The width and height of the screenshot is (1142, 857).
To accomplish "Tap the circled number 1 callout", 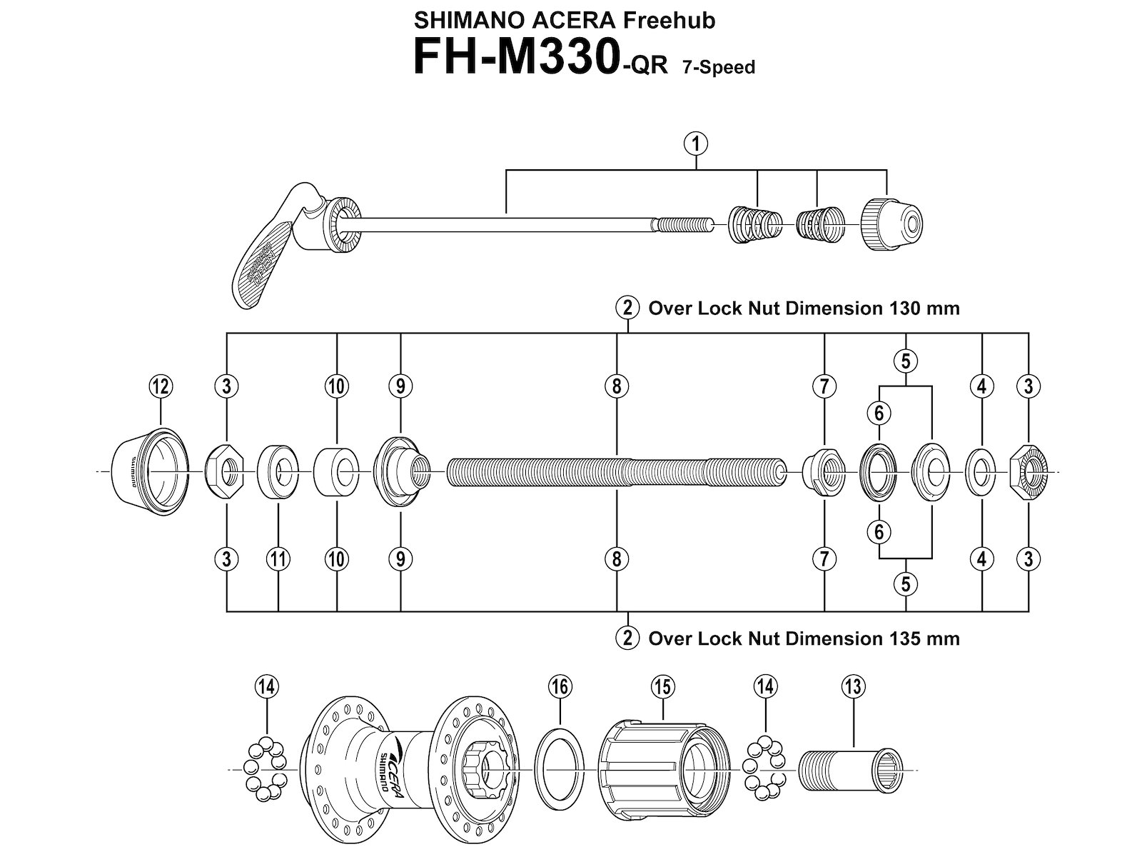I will pyautogui.click(x=695, y=144).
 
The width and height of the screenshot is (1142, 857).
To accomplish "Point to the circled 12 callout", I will pyautogui.click(x=160, y=386).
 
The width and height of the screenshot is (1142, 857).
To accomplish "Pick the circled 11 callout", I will pyautogui.click(x=278, y=558).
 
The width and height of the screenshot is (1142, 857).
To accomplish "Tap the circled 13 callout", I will pyautogui.click(x=853, y=687).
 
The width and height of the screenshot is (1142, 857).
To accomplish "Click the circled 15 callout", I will pyautogui.click(x=662, y=687).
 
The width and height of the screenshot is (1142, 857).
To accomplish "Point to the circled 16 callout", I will pyautogui.click(x=560, y=687).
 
